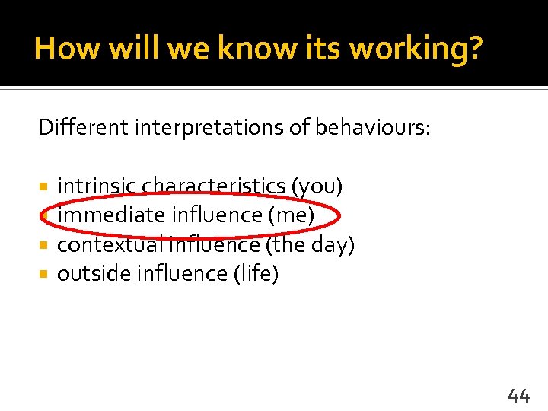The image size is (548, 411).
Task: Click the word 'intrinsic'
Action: point(97,186)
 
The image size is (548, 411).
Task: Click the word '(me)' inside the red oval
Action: point(291,215)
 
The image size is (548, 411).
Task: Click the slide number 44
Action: point(518,394)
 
